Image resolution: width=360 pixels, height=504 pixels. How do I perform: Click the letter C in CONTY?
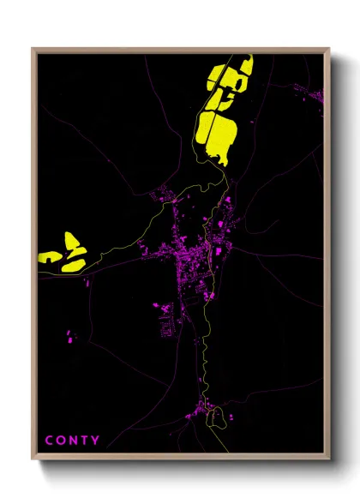coord(50,441)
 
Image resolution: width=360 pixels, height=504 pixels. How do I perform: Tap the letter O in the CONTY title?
coord(62,441)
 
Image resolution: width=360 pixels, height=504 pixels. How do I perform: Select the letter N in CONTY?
coord(74,441)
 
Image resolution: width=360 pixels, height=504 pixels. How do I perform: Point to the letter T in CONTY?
coord(86,441)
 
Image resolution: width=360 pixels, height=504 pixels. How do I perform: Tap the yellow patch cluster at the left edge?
coord(63,251)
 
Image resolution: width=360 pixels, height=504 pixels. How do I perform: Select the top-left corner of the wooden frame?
coord(33,49)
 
